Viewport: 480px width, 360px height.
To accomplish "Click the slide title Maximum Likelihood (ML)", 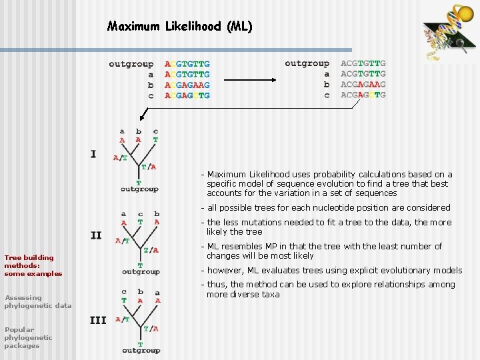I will point(180,27).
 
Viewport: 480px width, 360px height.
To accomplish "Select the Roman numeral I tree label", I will point(93,154).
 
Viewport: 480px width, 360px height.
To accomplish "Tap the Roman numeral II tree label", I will point(96,235).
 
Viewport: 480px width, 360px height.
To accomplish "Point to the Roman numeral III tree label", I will point(98,320).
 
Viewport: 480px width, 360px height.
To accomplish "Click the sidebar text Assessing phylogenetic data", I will point(37,301).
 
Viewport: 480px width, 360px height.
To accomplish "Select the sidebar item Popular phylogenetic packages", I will point(28,337).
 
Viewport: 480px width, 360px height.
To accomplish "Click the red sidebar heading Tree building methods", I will point(33,265).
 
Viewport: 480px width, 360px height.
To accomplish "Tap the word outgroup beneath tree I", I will point(139,189).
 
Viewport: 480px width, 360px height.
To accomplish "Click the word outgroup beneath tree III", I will point(141,351).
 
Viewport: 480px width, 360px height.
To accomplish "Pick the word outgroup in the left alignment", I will point(131,64).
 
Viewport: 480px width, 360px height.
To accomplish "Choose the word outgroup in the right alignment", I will point(307,63).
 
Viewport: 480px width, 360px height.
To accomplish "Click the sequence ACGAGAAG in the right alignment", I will point(363,85).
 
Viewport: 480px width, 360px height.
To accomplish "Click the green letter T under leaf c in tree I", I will point(155,140).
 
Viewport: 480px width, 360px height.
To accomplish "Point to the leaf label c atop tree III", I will point(124,292).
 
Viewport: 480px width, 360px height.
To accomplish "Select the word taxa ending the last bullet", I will point(270,294).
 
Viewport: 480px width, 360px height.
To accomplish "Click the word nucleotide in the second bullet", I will point(347,207).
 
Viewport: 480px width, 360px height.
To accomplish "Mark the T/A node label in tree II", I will point(151,250).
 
